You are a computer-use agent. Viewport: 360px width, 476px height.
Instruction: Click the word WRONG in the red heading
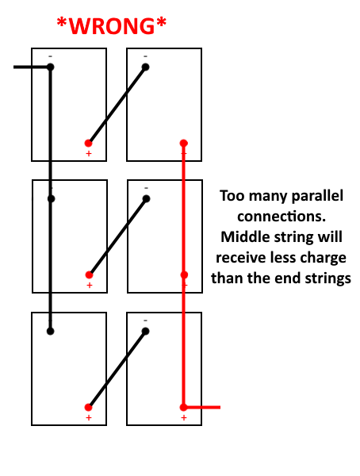[112, 26]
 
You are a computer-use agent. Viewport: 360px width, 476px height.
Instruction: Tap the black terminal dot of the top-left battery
[51, 67]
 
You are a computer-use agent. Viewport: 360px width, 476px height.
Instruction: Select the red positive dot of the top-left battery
[88, 143]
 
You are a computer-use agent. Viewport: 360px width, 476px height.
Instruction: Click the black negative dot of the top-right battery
[146, 67]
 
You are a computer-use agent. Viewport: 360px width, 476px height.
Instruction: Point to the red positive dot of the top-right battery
[184, 143]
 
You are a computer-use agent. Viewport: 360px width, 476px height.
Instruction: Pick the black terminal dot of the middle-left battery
[51, 199]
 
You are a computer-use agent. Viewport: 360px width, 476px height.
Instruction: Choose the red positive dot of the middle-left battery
[89, 274]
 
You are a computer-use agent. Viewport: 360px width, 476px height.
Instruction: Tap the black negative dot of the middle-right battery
[147, 199]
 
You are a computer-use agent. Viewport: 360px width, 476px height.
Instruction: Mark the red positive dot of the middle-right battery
[184, 274]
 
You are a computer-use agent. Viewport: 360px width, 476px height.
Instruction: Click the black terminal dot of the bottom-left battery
[51, 331]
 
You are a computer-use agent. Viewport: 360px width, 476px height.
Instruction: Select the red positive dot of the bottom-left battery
[88, 407]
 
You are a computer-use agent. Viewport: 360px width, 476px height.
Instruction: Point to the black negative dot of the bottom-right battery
[146, 331]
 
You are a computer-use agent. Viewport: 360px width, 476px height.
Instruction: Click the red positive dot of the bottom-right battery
[184, 407]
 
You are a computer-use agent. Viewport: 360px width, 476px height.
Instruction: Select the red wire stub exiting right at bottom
[203, 407]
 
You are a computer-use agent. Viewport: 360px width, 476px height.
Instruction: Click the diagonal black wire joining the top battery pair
[117, 105]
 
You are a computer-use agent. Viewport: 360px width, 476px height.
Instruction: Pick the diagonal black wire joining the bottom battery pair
[117, 369]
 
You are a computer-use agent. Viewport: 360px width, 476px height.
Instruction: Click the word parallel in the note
[317, 196]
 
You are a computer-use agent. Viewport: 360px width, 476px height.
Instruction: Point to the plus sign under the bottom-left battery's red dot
[89, 418]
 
